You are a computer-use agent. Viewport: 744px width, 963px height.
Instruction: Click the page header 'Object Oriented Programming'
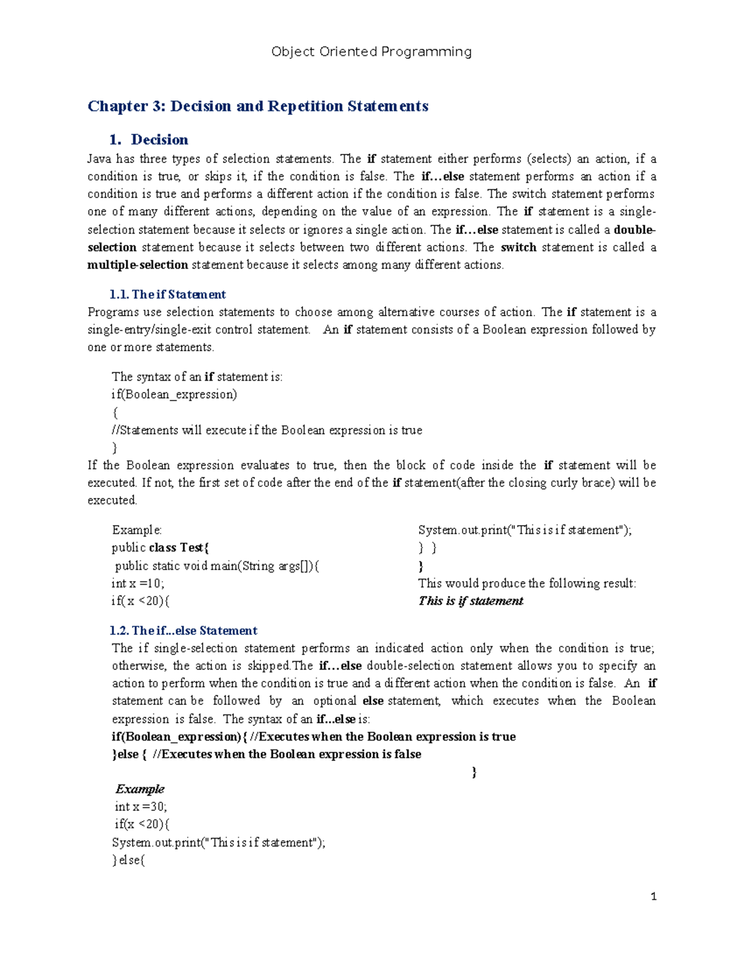click(x=371, y=52)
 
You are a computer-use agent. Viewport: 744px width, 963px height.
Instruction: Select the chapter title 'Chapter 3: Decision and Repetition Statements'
click(x=258, y=107)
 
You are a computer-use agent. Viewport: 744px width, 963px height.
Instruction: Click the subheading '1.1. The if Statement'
click(x=167, y=295)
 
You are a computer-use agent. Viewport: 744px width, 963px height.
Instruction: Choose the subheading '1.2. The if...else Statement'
click(x=184, y=631)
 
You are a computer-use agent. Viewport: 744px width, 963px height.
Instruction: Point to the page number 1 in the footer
click(x=653, y=896)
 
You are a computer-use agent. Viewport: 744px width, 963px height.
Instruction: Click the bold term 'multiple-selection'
click(x=138, y=265)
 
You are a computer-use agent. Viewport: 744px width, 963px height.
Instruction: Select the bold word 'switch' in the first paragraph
click(x=518, y=247)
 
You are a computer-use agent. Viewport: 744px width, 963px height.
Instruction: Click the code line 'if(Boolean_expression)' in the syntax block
click(x=174, y=394)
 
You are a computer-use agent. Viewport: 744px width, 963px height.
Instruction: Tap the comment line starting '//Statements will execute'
click(x=267, y=430)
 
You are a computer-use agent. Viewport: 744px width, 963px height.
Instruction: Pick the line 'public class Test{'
click(x=161, y=548)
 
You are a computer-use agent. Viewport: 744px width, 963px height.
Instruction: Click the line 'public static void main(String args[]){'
click(x=217, y=566)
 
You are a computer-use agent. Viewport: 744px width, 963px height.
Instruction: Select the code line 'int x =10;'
click(x=138, y=584)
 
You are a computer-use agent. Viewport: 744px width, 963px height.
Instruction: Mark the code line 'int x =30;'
click(x=141, y=807)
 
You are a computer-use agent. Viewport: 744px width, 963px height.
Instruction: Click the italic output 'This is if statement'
click(x=471, y=601)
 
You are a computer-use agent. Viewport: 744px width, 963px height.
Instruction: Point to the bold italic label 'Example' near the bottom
click(x=140, y=789)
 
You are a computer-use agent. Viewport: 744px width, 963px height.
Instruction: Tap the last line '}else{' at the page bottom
click(x=128, y=860)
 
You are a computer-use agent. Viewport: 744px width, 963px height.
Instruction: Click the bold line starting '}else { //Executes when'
click(x=267, y=754)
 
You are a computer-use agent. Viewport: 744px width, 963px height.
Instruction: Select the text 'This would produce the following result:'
click(x=527, y=584)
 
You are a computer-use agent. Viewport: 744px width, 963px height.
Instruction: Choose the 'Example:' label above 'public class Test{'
click(x=136, y=530)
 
